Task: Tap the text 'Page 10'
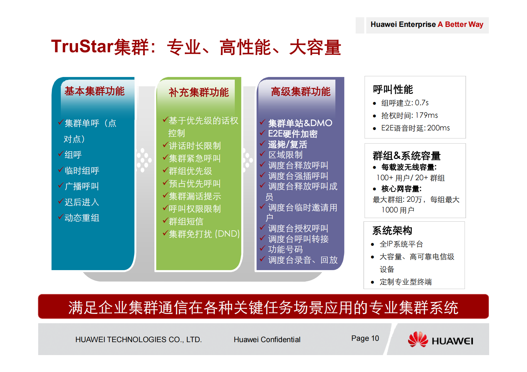coord(365,338)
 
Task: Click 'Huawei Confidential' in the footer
coord(267,339)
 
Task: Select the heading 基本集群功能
coord(95,91)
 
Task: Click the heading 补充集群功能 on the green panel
coord(199,92)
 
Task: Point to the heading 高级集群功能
coord(301,92)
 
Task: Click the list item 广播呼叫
coord(82,186)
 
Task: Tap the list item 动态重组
coord(82,218)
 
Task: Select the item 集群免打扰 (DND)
coord(204,234)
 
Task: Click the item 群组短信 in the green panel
coord(186,221)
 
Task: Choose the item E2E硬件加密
coord(293,134)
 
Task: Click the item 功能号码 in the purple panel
coord(285,249)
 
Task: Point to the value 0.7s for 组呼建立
coord(422,103)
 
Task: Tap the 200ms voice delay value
coord(438,128)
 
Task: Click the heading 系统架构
coord(392,230)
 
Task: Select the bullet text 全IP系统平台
coord(401,244)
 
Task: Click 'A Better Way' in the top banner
coord(460,25)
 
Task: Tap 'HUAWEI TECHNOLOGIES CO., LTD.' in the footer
coord(138,339)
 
